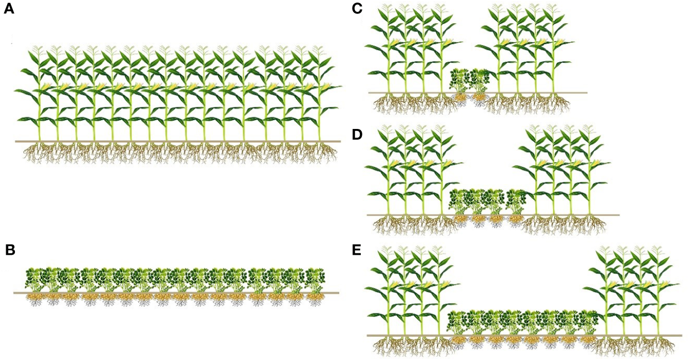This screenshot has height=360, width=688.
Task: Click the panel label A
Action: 8,10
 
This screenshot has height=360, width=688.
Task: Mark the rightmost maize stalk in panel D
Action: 589,175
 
